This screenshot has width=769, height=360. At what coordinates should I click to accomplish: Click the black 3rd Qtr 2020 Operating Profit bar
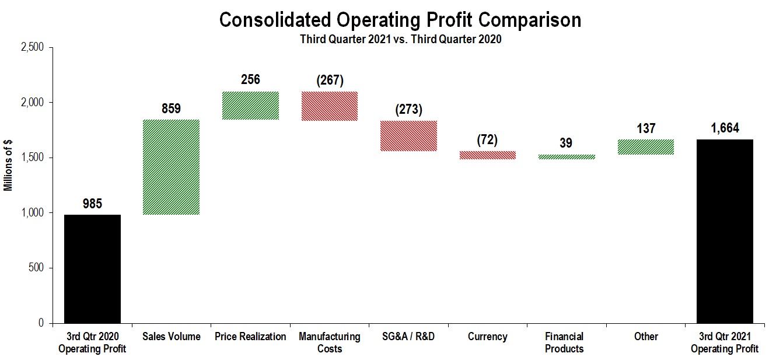point(92,268)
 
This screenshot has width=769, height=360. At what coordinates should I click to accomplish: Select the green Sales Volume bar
point(172,167)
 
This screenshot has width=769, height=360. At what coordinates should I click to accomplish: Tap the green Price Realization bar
point(250,106)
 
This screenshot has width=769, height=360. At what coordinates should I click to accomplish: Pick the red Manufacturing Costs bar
point(329,106)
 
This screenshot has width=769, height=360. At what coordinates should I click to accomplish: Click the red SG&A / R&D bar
point(408,136)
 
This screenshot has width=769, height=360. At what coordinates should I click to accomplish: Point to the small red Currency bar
point(487,155)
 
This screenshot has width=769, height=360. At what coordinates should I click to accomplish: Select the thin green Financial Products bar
point(566,157)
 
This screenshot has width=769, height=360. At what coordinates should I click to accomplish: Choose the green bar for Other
point(645,147)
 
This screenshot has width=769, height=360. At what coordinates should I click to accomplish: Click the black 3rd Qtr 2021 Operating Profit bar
point(725,231)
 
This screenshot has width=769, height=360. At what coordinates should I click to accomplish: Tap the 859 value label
point(172,109)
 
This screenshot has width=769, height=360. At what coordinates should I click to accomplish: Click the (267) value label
point(329,80)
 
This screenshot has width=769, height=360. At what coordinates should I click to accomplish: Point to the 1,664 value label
point(725,128)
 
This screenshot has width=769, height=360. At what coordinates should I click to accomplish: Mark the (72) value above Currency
point(487,140)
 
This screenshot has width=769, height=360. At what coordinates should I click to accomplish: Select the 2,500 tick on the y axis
point(33,47)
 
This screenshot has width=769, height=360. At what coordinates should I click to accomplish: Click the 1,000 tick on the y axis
point(33,213)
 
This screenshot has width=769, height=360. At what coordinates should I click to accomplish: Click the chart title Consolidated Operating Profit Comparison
point(400,20)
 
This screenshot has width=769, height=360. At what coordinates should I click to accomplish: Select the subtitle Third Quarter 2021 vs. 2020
point(400,40)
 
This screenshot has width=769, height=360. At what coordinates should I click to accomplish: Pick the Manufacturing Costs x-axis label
point(329,342)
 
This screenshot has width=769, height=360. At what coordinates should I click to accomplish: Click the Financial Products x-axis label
point(564,342)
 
